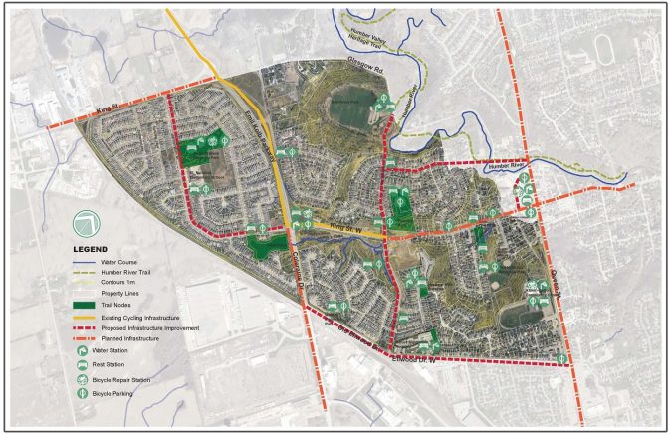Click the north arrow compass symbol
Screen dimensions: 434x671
click(x=87, y=223)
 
